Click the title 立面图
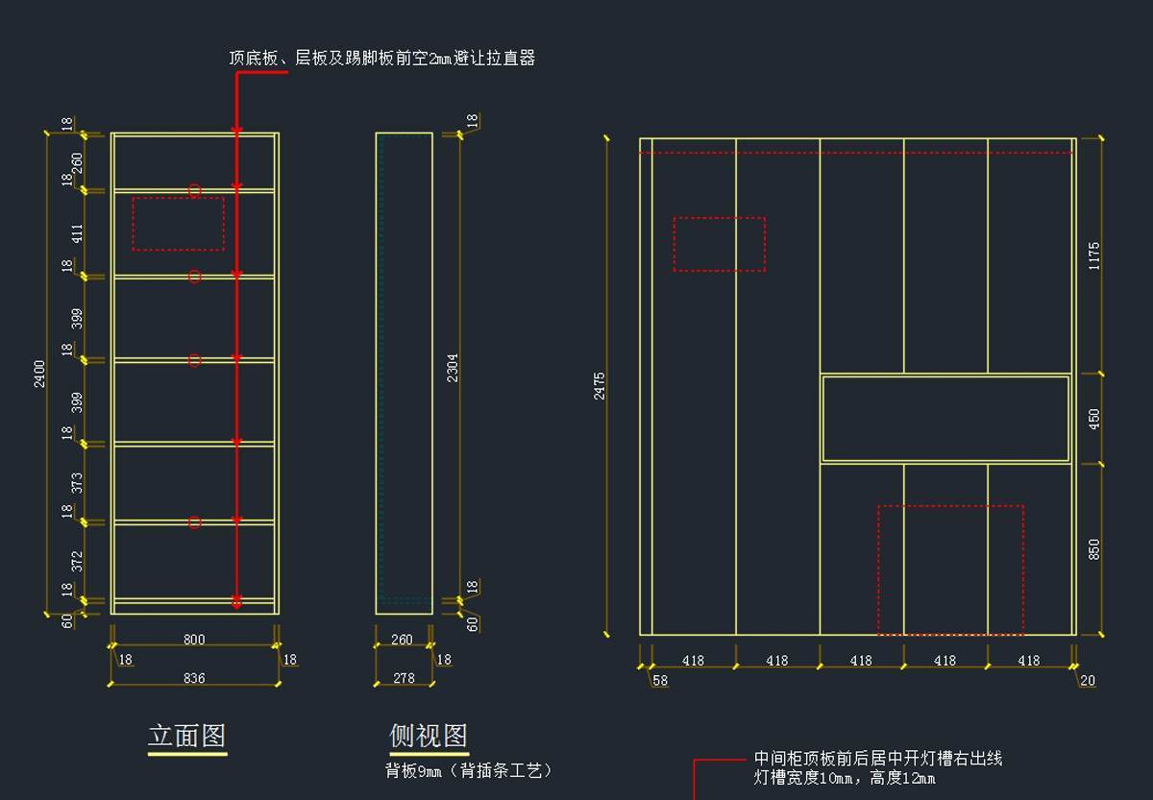tap(186, 737)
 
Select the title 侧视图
tap(429, 737)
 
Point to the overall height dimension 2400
tap(39, 374)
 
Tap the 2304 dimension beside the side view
tap(453, 368)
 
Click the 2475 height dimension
tap(600, 385)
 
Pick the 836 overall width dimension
tap(193, 678)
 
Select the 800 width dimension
tap(193, 639)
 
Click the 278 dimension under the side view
tap(404, 678)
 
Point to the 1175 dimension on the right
tap(1094, 255)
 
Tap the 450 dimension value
tap(1094, 419)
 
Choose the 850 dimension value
tap(1094, 549)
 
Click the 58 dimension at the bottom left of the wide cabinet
tap(660, 680)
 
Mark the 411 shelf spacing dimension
tap(78, 232)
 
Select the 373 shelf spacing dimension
tap(78, 482)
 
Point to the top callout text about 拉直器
tap(381, 59)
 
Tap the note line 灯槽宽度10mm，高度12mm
tap(845, 778)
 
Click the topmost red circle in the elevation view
tap(194, 191)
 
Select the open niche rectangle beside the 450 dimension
tap(945, 419)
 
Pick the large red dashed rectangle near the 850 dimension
tap(950, 570)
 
